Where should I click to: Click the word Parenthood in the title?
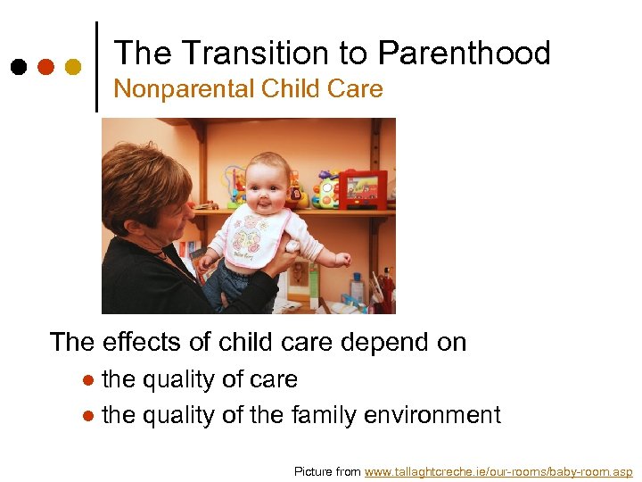click(x=464, y=54)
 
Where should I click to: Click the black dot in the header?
click(x=19, y=67)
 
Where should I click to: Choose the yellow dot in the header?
click(x=73, y=67)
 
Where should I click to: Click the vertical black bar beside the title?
click(x=96, y=67)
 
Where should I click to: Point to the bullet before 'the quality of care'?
click(x=87, y=380)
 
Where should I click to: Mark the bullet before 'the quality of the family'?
click(x=87, y=416)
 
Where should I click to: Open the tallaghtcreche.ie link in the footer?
click(x=498, y=471)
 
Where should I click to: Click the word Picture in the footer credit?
click(x=314, y=471)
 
